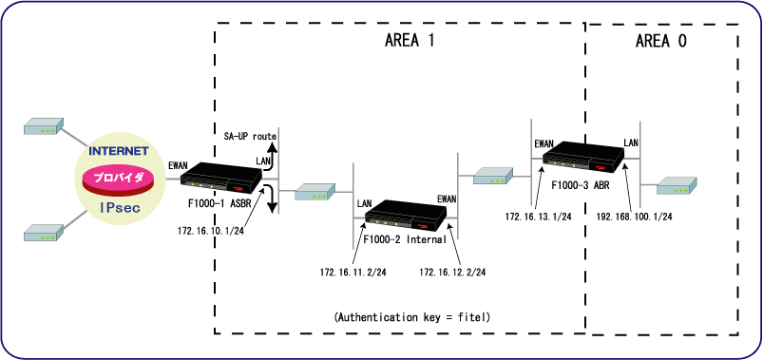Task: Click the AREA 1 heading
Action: pyautogui.click(x=409, y=42)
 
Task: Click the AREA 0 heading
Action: pyautogui.click(x=660, y=42)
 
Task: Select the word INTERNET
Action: pyautogui.click(x=118, y=151)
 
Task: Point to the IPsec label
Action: pyautogui.click(x=120, y=208)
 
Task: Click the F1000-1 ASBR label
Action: pyautogui.click(x=219, y=203)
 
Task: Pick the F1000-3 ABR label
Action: pyautogui.click(x=581, y=185)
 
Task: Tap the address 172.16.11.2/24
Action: pyautogui.click(x=353, y=273)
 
